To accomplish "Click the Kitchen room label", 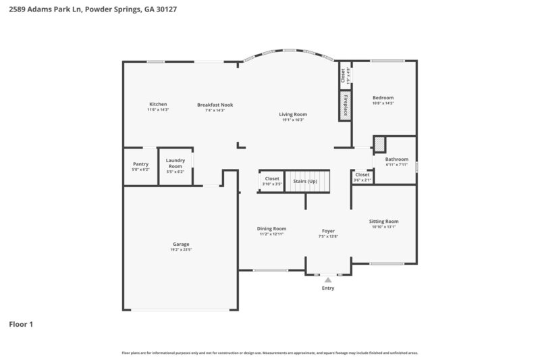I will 158,104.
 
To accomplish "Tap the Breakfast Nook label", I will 215,105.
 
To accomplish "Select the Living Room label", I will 293,114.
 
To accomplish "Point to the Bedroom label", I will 383,97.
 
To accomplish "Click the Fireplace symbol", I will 345,105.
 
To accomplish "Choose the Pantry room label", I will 140,163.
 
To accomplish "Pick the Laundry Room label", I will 175,163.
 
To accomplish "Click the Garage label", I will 181,244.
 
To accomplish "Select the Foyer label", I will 328,231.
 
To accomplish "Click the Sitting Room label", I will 383,221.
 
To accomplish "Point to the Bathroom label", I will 397,159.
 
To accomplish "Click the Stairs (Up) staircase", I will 307,181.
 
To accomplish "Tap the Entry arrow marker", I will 328,279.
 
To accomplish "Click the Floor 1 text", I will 21,324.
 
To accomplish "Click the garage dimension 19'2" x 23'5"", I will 181,250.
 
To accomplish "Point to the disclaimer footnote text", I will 270,353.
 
